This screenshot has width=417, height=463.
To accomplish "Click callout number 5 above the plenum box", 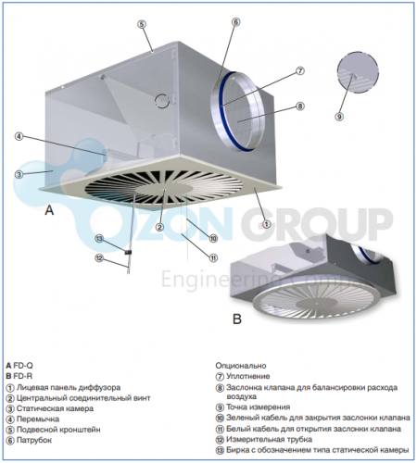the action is [x=142, y=24].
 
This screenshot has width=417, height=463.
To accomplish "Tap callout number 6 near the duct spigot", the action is [x=235, y=22].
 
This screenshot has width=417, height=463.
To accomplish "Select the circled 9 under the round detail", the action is [x=339, y=117].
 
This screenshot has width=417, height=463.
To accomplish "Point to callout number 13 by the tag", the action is [x=99, y=239].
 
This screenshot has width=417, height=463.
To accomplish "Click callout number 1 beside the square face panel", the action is [x=266, y=224].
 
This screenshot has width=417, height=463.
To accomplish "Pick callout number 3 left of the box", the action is [x=19, y=174].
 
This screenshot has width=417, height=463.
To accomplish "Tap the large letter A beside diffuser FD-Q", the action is [x=49, y=210].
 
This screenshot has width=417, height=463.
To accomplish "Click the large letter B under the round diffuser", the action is [x=236, y=319].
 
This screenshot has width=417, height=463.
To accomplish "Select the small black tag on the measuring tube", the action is [x=128, y=252].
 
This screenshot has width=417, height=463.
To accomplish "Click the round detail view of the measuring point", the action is [x=358, y=72].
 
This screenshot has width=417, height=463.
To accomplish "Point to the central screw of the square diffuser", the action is [x=165, y=190].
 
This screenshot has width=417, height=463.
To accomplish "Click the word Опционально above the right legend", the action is [x=241, y=366].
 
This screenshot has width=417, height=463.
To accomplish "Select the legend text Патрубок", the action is [x=34, y=440].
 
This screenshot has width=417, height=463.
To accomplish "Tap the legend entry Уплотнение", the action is [x=248, y=376].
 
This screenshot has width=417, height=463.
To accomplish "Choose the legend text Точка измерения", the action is [x=259, y=407].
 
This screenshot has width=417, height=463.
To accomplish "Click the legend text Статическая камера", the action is [x=55, y=408].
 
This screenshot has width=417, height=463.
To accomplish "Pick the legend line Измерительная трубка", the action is [x=270, y=439].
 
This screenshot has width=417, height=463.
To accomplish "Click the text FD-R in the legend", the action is [x=22, y=376].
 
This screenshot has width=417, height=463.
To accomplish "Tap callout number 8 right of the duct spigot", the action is [x=299, y=106].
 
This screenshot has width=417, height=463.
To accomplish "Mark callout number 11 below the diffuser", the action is [x=213, y=257].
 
